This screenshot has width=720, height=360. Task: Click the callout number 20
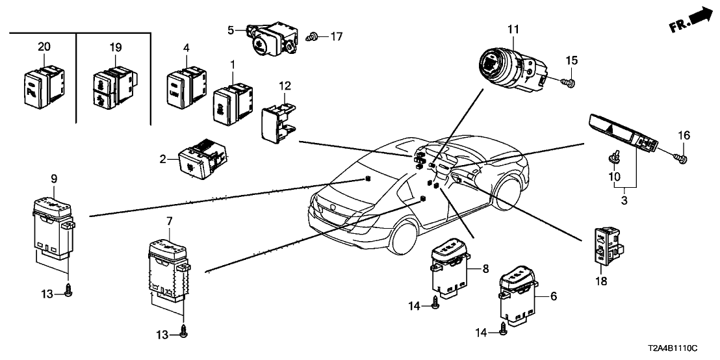click(44, 47)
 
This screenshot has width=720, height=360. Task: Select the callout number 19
click(116, 47)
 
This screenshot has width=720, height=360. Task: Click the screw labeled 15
click(569, 83)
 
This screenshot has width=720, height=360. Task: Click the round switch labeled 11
click(509, 68)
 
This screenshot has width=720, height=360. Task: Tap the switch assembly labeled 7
click(166, 269)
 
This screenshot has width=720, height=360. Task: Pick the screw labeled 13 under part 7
click(184, 333)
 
